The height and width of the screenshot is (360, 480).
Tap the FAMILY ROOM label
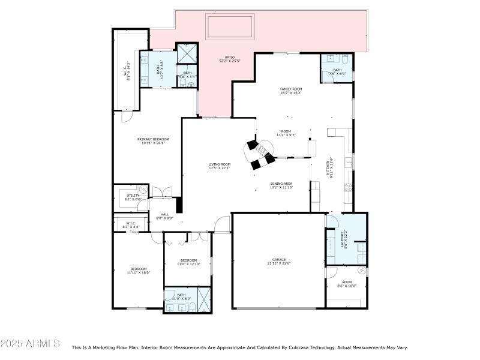click(x=290, y=91)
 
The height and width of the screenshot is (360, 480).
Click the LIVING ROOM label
click(x=219, y=166)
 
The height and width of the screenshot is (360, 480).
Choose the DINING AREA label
click(x=281, y=186)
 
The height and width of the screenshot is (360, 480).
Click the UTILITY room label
click(x=132, y=197)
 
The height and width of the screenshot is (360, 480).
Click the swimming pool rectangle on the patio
click(x=230, y=27)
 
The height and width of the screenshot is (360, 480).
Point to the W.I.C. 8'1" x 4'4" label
click(x=131, y=225)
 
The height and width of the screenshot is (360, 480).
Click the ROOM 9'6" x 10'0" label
click(x=347, y=284)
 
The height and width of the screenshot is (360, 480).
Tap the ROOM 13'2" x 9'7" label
click(x=286, y=133)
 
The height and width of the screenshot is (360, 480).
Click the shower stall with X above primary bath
click(x=187, y=54)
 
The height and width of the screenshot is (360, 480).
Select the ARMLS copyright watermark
click(x=30, y=344)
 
